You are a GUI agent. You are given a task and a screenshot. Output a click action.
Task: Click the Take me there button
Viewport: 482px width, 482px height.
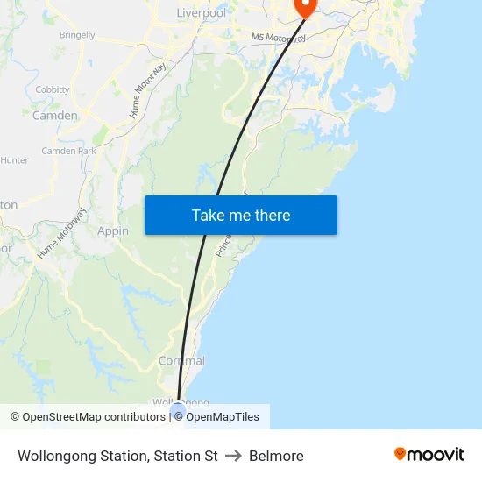pos(241,216)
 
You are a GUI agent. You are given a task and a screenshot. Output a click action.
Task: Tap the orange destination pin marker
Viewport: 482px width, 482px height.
pos(306,7)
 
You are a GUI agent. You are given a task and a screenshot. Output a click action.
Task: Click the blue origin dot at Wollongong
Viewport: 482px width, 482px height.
pos(179,408)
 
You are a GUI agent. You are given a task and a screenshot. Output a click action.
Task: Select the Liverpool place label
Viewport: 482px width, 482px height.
pos(201,13)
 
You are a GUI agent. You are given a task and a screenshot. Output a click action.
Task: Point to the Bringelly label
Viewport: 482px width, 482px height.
pos(77,35)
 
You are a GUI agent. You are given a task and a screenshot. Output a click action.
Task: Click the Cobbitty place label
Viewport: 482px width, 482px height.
pos(53,89)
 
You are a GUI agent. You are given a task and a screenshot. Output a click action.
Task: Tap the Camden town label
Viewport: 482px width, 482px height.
pos(55,115)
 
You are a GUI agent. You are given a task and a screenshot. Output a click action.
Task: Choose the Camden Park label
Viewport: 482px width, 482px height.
pos(68,151)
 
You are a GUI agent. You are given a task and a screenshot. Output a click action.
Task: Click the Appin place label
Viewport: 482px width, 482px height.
pos(113,231)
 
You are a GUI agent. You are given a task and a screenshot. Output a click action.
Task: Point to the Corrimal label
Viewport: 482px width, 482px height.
pos(181,361)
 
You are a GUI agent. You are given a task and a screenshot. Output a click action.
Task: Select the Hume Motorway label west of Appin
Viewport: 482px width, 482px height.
pos(62,232)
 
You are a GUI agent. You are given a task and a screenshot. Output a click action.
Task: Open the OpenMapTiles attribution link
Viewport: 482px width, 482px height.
pos(223,417)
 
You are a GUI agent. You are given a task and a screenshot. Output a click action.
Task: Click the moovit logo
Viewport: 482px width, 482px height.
pos(429,455)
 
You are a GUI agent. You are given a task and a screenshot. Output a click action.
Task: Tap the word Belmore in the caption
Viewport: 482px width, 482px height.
pos(276,456)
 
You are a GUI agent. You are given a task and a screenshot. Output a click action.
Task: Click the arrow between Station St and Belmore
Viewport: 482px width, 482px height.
pos(233,456)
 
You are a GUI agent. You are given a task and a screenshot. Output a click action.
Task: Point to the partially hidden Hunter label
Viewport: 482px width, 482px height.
pos(14,160)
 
